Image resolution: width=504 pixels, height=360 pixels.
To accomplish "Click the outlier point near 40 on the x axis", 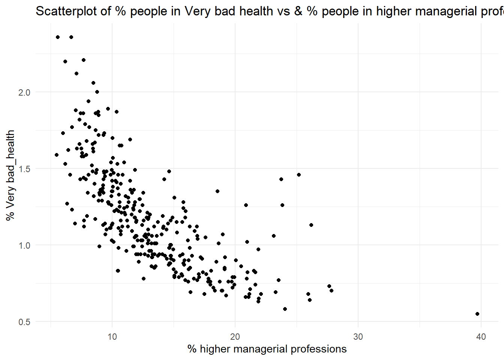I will [x=477, y=314].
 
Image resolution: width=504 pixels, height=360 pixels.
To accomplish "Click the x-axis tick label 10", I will [x=112, y=337].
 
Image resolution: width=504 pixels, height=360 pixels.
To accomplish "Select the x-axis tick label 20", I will [x=235, y=337].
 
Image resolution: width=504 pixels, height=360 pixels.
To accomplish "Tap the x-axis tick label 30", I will [x=358, y=337].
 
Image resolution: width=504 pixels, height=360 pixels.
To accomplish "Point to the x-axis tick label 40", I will [x=481, y=337].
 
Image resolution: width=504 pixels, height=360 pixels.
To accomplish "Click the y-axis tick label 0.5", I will [x=24, y=322].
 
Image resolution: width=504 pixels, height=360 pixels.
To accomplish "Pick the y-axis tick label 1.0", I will [x=24, y=245].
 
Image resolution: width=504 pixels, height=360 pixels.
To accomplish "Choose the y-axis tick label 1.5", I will [x=24, y=169].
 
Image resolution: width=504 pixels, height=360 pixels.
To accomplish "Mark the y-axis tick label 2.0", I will [x=24, y=92].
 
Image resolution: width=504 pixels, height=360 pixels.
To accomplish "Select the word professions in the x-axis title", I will [x=318, y=349].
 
